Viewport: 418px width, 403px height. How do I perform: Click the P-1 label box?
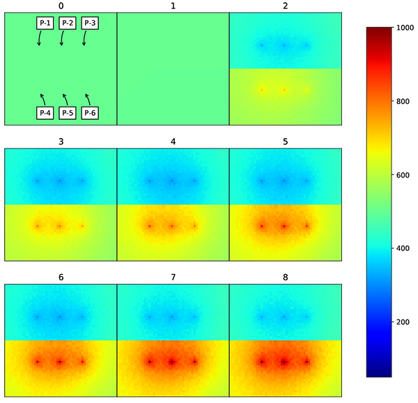(45, 23)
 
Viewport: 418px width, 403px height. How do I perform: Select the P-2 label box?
(68, 23)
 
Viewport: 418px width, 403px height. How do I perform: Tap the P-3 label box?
(90, 23)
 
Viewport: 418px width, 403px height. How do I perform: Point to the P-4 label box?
(45, 113)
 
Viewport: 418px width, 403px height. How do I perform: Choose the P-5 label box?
(68, 113)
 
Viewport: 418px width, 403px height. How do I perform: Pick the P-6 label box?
(90, 113)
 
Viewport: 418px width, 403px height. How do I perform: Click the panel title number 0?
(61, 6)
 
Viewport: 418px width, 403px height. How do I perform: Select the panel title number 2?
(285, 6)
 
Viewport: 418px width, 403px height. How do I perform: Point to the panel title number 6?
(61, 277)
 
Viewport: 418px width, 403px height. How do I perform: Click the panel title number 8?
(285, 277)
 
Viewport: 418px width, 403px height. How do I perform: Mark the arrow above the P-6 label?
(87, 98)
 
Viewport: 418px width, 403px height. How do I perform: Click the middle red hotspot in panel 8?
(284, 362)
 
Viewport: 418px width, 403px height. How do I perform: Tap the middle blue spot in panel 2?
(284, 46)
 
